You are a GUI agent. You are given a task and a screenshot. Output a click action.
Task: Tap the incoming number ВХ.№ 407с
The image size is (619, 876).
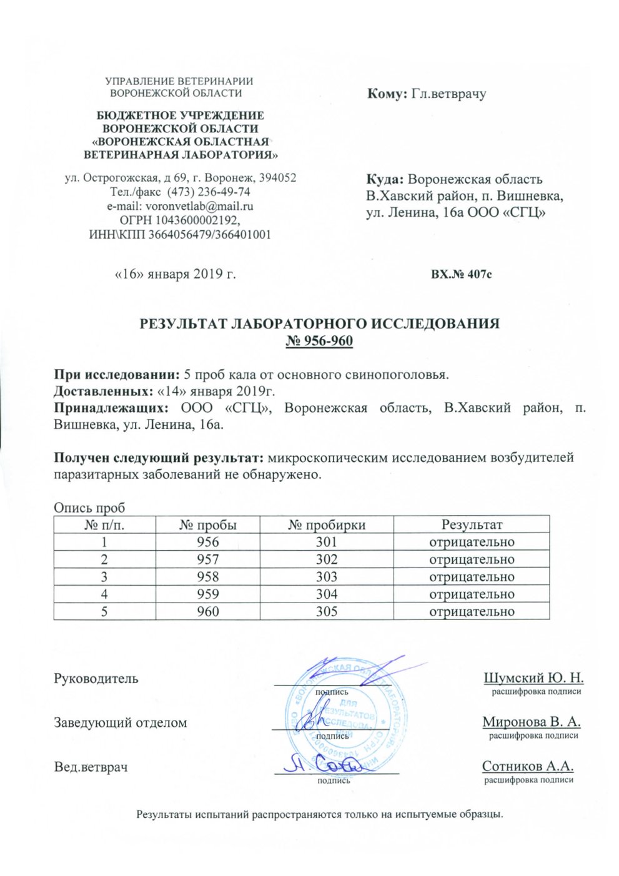[x=462, y=274]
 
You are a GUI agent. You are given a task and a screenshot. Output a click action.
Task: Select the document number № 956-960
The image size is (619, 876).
[x=319, y=340]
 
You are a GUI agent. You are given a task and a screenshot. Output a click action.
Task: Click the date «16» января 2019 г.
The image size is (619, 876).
[x=176, y=273]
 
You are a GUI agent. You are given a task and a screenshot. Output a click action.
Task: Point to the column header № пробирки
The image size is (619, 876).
[x=327, y=524]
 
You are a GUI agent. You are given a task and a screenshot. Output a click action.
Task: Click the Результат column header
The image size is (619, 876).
[x=472, y=524]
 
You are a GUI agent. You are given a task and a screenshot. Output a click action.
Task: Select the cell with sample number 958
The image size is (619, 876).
[x=208, y=577]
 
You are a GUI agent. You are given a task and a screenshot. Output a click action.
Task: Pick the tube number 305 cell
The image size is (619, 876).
[x=327, y=611]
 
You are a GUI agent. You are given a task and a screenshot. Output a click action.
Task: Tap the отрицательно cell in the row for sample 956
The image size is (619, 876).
[x=472, y=542]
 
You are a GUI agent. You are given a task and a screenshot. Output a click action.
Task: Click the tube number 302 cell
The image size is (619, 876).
[x=327, y=559]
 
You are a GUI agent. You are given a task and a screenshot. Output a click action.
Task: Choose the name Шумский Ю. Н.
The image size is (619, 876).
[x=533, y=678]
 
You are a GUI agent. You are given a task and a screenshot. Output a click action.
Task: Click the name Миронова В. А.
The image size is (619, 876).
[x=532, y=722]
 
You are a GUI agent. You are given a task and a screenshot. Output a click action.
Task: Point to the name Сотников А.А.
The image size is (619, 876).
[x=528, y=766]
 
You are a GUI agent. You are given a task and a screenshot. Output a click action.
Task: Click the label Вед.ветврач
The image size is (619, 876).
[x=91, y=766]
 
